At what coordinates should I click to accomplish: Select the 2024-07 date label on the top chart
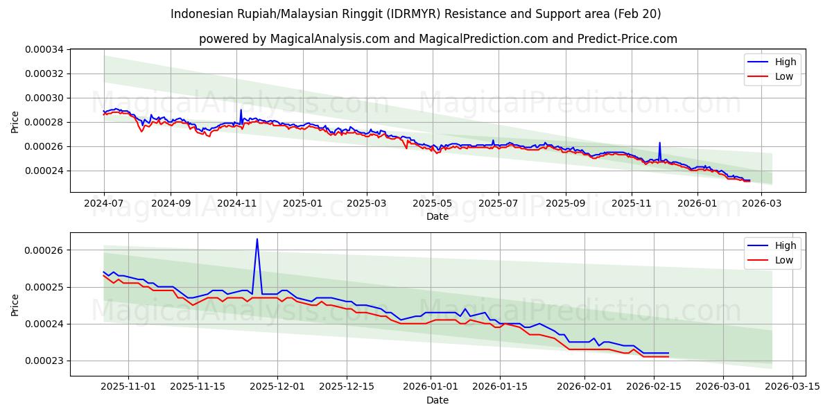[x=104, y=203]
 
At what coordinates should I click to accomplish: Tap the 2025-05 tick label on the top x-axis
[x=433, y=203]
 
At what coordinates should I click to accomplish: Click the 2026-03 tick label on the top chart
[x=761, y=203]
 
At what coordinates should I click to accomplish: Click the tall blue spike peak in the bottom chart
[x=257, y=239]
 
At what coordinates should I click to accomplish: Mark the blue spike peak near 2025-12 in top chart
[x=659, y=143]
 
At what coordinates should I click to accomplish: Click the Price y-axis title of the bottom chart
[x=15, y=305]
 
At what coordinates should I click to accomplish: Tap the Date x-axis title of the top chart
[x=437, y=216]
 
